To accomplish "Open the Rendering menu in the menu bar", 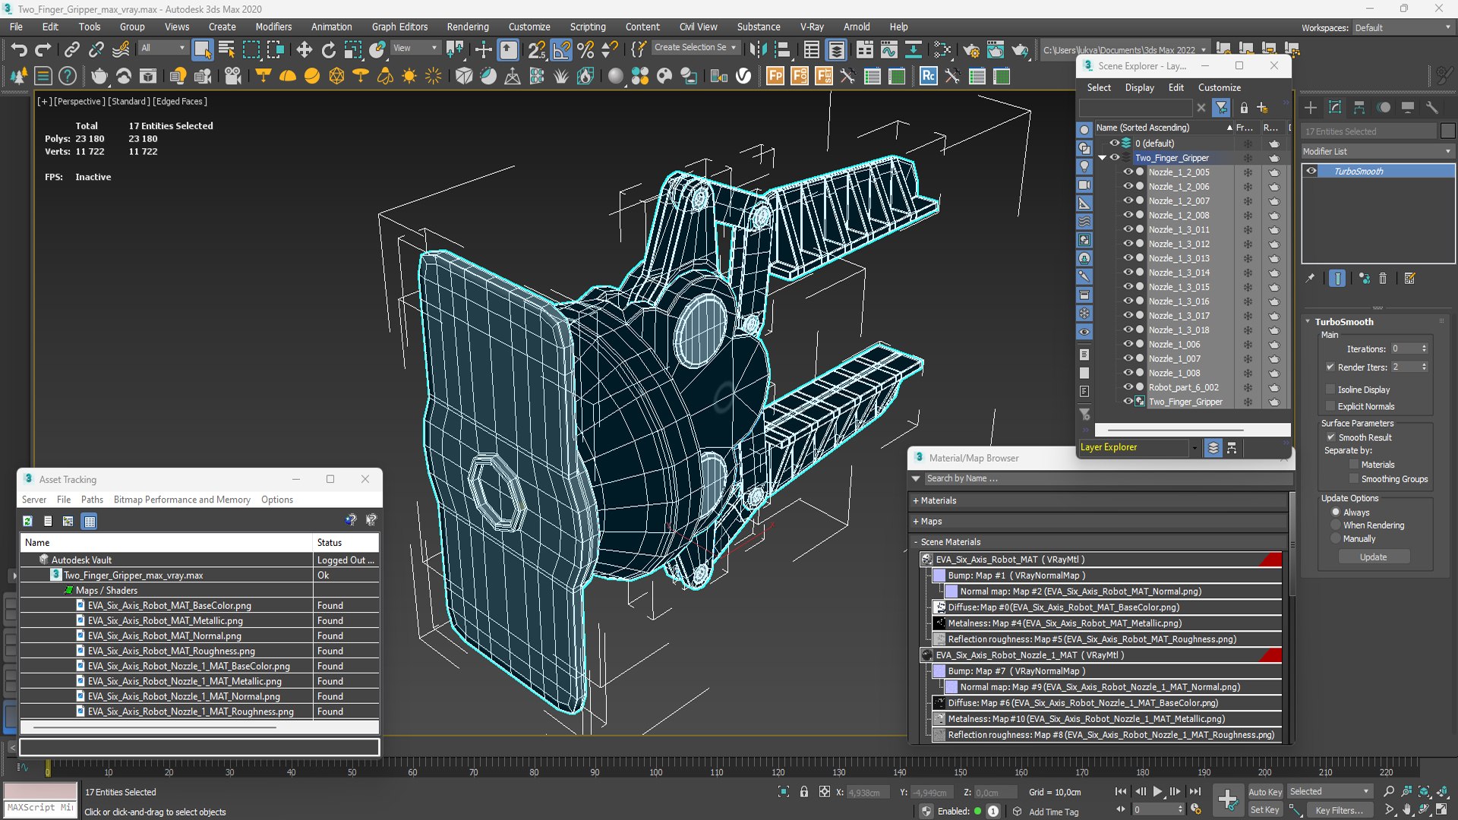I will pos(467,27).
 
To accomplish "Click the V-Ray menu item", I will pos(812,27).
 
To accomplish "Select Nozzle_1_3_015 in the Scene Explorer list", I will pos(1179,287).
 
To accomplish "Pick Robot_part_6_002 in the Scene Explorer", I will pos(1183,387).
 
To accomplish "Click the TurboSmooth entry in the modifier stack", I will pos(1359,172).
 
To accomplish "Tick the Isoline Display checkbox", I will pos(1330,389).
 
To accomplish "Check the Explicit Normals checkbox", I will pos(1330,406).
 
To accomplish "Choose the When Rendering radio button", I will pos(1336,525).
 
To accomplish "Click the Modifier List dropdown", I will pos(1377,152).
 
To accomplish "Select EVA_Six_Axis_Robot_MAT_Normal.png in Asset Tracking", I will pos(164,635).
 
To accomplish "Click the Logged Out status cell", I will pos(346,560).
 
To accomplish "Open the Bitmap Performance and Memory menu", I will pos(181,500).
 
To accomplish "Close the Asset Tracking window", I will pos(365,479).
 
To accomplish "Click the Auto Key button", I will pos(1264,792).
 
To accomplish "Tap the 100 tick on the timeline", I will pos(655,772).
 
